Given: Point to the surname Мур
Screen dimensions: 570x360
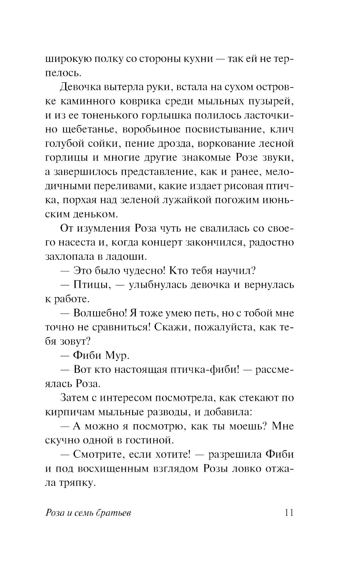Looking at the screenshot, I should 117,356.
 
